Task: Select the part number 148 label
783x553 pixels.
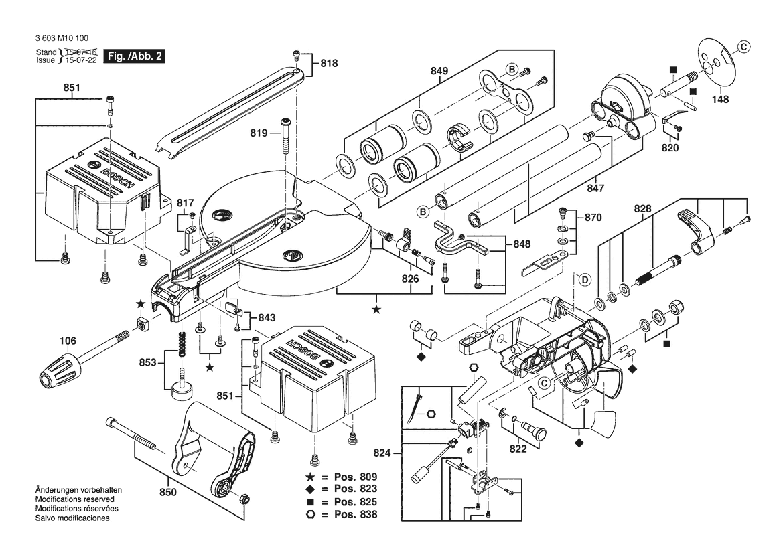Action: (721, 100)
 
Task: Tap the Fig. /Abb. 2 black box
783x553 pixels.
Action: (135, 57)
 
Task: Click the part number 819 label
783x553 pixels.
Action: (259, 133)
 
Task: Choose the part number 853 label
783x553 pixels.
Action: (147, 362)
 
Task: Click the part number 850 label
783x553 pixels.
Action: (168, 493)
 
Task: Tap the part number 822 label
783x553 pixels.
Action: (518, 449)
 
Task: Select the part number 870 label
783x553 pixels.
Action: (593, 218)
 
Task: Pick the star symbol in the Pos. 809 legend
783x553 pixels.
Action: (310, 477)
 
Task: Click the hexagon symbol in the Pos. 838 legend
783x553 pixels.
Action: (310, 514)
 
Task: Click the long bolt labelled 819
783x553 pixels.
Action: (286, 137)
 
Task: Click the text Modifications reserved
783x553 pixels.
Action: (74, 499)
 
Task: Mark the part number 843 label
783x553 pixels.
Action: (267, 317)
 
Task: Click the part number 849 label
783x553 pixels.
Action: (439, 71)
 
